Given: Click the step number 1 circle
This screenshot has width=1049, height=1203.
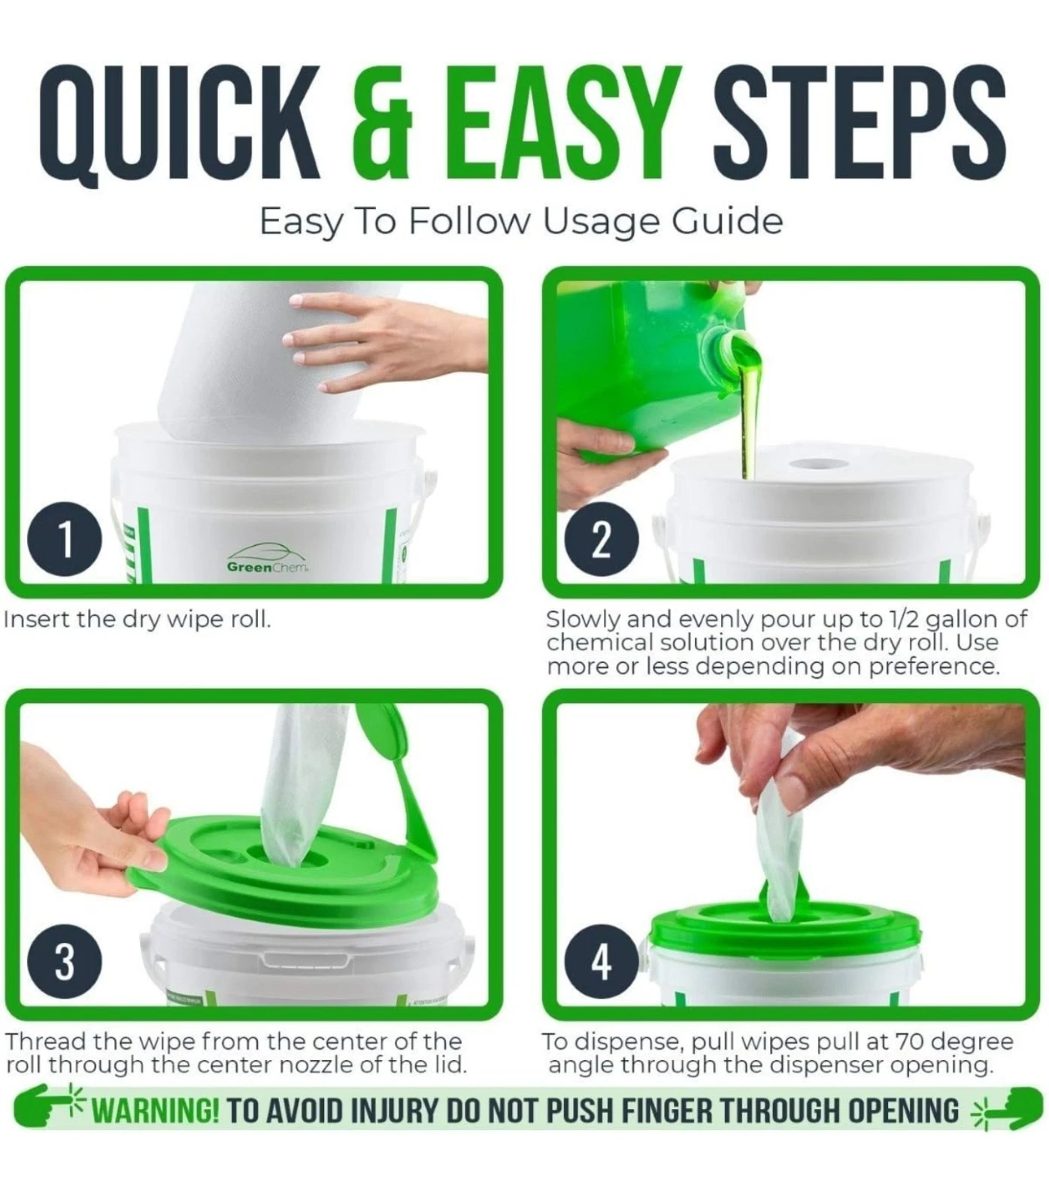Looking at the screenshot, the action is point(65,541).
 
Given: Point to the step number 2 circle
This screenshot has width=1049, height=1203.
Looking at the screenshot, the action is point(601,541).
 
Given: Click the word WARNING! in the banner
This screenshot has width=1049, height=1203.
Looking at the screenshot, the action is point(155,1111).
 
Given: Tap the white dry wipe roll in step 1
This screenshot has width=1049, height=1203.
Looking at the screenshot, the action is point(248,361).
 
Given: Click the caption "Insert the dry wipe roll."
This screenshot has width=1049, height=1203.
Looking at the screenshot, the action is point(138,620).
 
